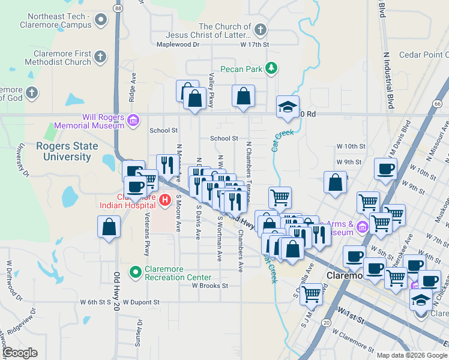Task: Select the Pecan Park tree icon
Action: point(272,68)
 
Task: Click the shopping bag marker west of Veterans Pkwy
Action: point(109,227)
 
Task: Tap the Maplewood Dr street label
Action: point(177,44)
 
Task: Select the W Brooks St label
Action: point(210,286)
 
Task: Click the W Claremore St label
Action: point(352,341)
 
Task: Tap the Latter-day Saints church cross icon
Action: point(260,29)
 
